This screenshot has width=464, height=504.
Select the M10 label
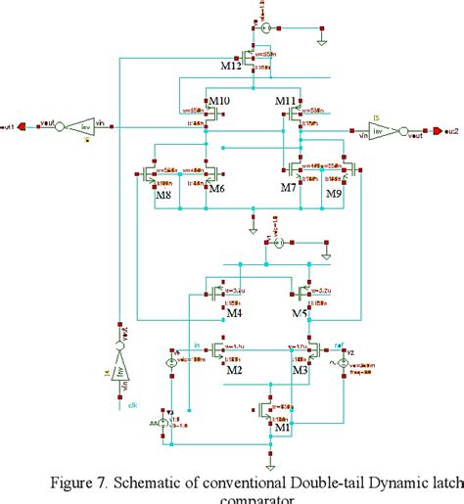(218, 101)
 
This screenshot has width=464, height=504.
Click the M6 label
(218, 188)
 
